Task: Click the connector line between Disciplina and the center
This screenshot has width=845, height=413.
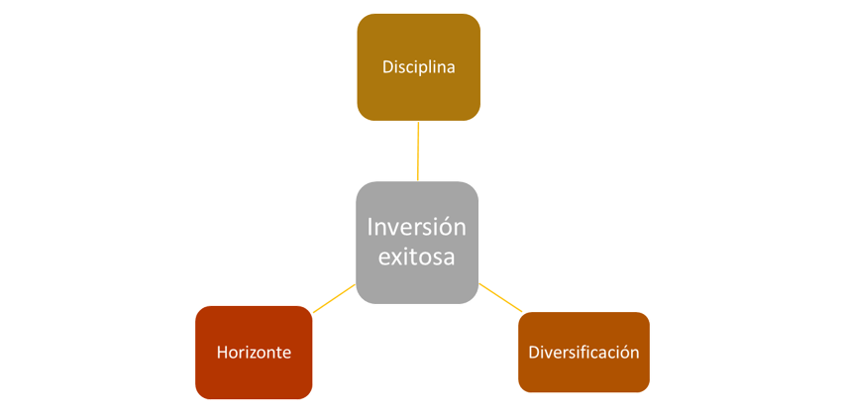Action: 418,151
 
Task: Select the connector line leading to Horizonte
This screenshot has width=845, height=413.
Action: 333,299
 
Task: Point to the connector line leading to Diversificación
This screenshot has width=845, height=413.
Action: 499,297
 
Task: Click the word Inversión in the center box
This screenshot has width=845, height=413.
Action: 416,227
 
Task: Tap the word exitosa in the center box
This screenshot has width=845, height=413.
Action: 416,257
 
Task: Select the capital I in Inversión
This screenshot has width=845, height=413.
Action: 370,227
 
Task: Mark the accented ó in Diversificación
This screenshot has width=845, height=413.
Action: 624,352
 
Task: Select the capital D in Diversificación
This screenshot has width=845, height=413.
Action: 533,352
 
